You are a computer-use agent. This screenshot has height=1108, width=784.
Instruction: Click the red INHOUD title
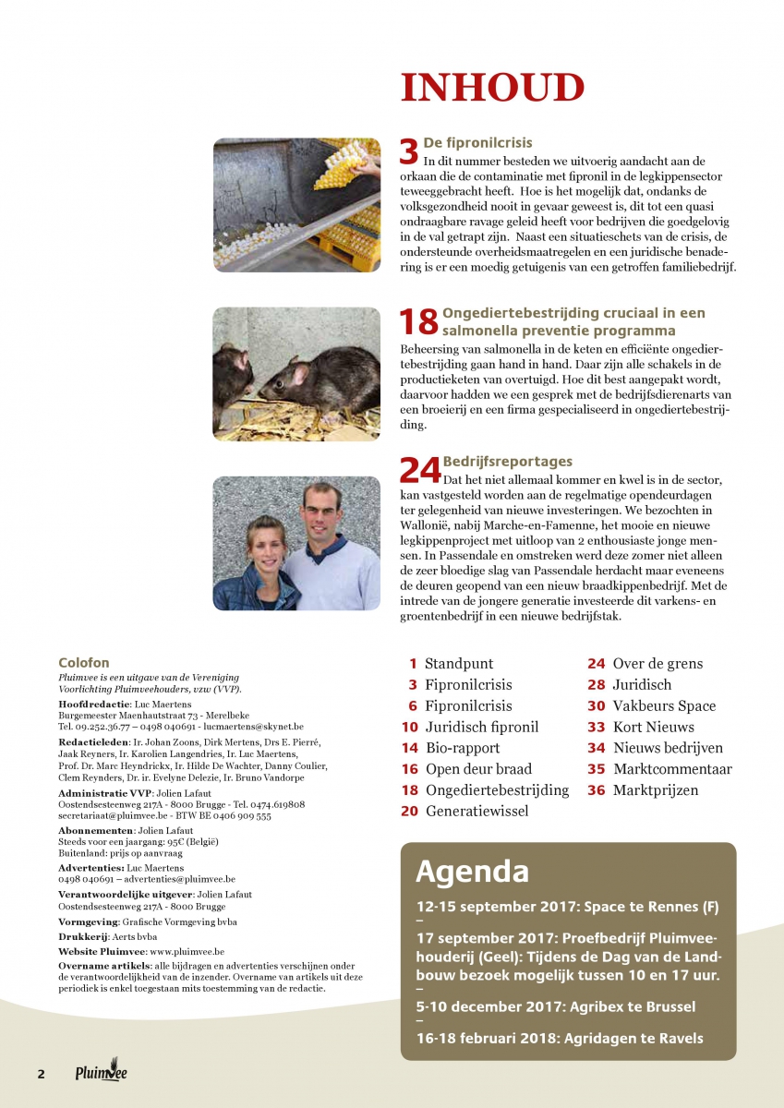coord(492,89)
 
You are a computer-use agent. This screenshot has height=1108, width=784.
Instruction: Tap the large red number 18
coord(417,322)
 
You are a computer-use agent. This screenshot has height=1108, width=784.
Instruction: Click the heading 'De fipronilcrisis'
coord(467,144)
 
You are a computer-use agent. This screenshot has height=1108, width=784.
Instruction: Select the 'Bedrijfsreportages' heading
coord(508,462)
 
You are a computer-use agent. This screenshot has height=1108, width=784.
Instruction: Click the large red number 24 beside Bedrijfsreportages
coord(419,471)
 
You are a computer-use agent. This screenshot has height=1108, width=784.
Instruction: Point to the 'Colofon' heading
coord(83,663)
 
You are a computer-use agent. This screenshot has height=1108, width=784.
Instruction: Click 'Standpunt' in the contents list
coord(459,664)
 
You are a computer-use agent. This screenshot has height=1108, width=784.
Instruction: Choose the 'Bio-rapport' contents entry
coord(463,748)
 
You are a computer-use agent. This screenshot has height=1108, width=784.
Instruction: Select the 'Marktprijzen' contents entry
coord(656,790)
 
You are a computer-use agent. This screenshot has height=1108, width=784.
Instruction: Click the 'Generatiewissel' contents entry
coord(477,812)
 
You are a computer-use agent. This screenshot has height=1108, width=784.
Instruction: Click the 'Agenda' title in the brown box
coord(472,872)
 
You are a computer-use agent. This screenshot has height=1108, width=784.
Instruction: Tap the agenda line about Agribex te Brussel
coord(556,1006)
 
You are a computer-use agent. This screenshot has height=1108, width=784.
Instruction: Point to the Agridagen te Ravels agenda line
coord(560,1039)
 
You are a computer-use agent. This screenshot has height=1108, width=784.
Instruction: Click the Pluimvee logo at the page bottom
coord(102,1073)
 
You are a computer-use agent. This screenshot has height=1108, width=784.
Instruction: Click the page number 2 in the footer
coord(41,1075)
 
